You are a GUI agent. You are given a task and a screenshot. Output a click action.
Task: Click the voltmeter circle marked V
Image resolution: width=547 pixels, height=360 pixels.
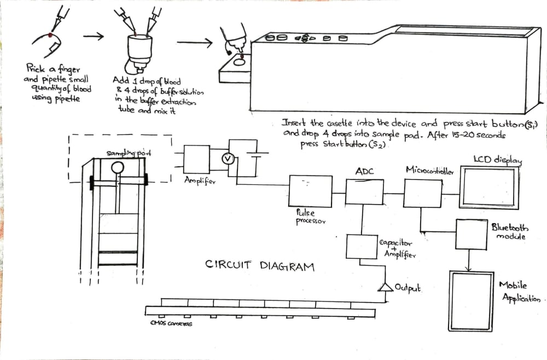pyautogui.click(x=230, y=159)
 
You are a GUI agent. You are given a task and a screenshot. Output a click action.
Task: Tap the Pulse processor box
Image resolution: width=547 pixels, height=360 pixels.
pyautogui.click(x=310, y=191)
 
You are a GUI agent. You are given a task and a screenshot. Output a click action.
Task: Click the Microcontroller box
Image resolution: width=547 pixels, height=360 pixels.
pyautogui.click(x=422, y=193)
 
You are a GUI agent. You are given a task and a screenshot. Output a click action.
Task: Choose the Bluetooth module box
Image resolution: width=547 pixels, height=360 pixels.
pyautogui.click(x=471, y=234)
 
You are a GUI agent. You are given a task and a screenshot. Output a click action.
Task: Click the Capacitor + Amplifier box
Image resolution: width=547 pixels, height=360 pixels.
pyautogui.click(x=361, y=247)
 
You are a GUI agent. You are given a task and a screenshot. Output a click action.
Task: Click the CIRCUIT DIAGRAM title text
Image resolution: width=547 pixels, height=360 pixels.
pyautogui.click(x=260, y=266)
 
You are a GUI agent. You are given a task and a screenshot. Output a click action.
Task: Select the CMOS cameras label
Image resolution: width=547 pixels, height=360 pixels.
pyautogui.click(x=171, y=323)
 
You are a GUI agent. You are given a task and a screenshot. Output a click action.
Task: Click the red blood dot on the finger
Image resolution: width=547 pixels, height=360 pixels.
pyautogui.click(x=50, y=34)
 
